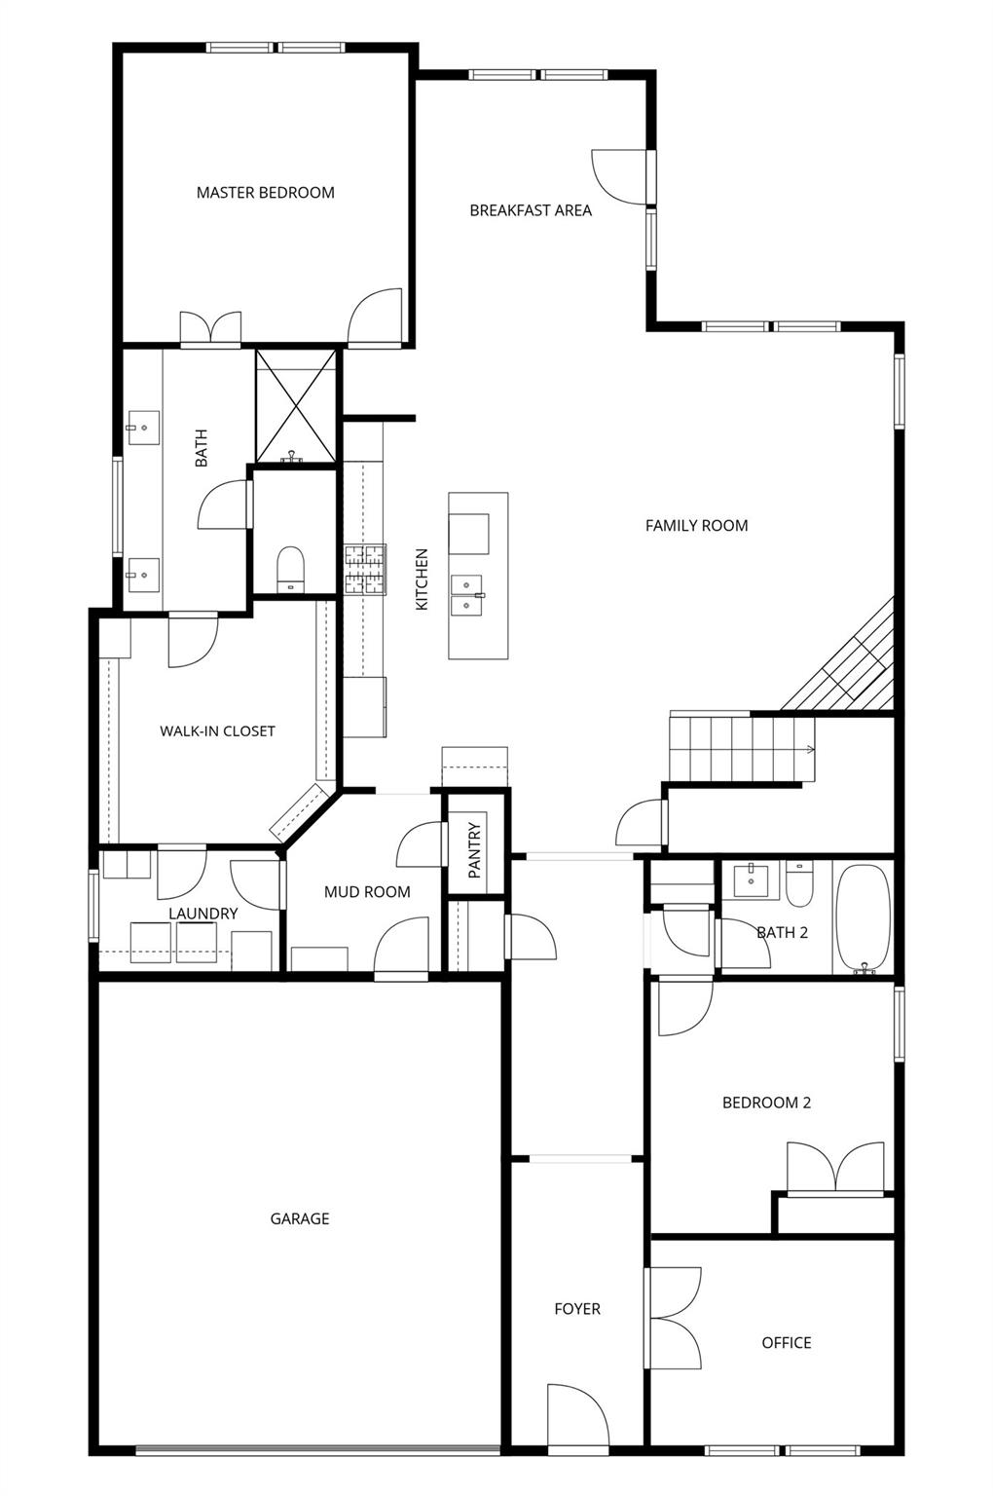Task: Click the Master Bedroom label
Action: pyautogui.click(x=265, y=193)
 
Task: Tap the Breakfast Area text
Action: pyautogui.click(x=531, y=210)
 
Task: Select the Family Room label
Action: pyautogui.click(x=696, y=526)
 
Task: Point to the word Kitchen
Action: pyautogui.click(x=422, y=580)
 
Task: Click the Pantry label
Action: pyautogui.click(x=475, y=851)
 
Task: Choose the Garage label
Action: pyautogui.click(x=299, y=1218)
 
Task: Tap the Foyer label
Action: pyautogui.click(x=577, y=1309)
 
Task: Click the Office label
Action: pyautogui.click(x=786, y=1343)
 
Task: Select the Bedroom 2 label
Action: pyautogui.click(x=766, y=1103)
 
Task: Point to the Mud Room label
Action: pyautogui.click(x=367, y=892)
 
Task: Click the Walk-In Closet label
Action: pyautogui.click(x=217, y=731)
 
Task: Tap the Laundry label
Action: pyautogui.click(x=202, y=914)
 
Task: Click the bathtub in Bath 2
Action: pyautogui.click(x=864, y=918)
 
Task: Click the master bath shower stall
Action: pyautogui.click(x=296, y=405)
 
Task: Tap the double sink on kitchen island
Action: pyautogui.click(x=467, y=595)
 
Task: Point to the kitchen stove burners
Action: pyautogui.click(x=365, y=570)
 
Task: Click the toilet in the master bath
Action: pyautogui.click(x=290, y=568)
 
